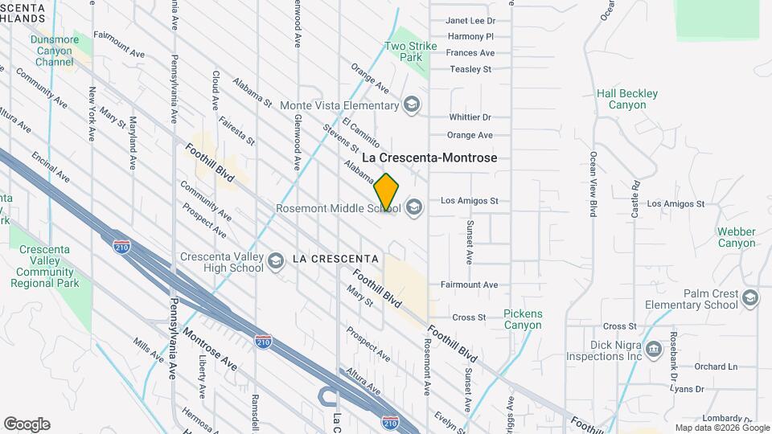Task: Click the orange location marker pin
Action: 387,192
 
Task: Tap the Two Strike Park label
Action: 410,51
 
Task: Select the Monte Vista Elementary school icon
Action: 412,105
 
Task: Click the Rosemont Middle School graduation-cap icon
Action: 413,208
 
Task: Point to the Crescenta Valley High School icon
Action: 275,261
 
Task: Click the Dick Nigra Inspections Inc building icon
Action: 653,349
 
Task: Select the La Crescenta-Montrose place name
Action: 441,158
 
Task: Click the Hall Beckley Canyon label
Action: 627,100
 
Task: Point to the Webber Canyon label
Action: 737,237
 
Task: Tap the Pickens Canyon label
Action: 523,319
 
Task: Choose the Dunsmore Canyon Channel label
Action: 55,50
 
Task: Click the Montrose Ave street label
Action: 209,348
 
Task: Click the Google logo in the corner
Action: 27,424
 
